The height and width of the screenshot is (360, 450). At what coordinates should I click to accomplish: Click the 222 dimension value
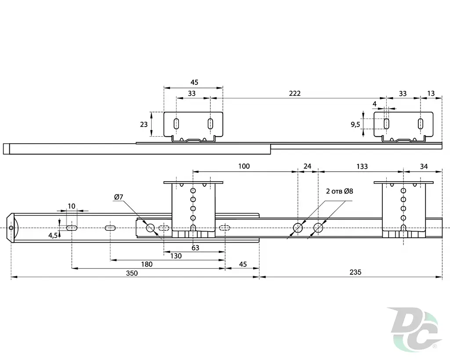[295, 93]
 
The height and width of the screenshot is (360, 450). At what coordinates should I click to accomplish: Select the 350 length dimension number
[132, 273]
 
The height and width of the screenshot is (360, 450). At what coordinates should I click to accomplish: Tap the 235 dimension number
[355, 272]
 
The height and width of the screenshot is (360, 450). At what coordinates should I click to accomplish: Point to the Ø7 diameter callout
[119, 197]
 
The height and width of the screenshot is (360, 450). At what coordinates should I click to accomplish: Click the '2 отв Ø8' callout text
[340, 191]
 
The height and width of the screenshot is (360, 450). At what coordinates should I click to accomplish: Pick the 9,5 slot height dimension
[355, 124]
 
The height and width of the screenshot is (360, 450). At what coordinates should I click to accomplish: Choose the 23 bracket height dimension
[144, 124]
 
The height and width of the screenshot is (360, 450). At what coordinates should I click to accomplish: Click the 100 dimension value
[244, 166]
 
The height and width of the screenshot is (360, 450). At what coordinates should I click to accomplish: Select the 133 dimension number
[362, 167]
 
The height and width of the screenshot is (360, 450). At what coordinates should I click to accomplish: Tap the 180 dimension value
[147, 265]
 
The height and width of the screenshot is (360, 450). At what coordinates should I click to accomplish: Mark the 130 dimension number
[176, 256]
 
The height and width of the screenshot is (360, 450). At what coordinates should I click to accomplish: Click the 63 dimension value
[195, 248]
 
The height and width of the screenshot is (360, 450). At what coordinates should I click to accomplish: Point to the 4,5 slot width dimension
[53, 236]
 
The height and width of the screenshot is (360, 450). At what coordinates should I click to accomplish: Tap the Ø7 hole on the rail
[150, 228]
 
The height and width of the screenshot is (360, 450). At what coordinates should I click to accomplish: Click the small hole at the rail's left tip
[11, 228]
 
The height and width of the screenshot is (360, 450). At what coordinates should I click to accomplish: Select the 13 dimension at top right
[431, 94]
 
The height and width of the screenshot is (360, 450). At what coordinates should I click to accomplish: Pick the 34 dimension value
[424, 167]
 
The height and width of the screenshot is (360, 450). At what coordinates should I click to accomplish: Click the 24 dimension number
[307, 167]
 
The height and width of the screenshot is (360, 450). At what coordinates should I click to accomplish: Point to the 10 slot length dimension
[72, 206]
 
